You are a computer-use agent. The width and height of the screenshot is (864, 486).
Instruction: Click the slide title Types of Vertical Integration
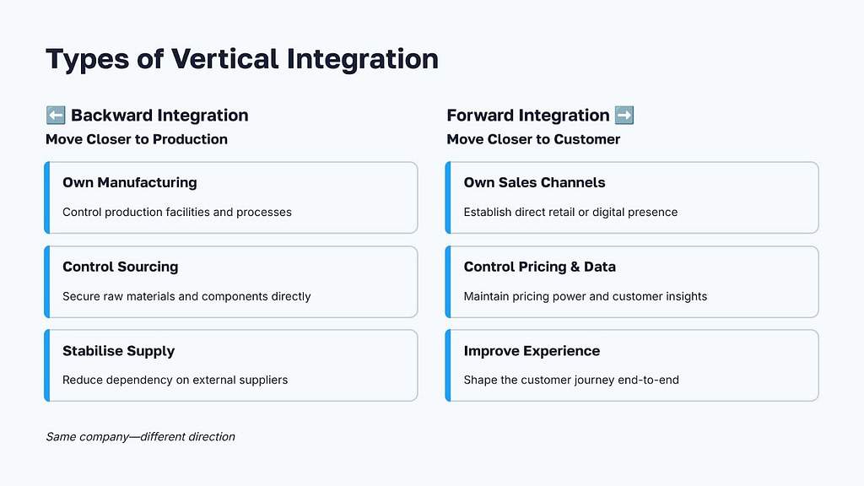pyautogui.click(x=241, y=59)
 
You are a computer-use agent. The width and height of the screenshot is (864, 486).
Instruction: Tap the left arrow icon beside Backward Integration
pyautogui.click(x=55, y=116)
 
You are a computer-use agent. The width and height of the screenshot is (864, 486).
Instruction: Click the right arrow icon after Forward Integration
pyautogui.click(x=624, y=116)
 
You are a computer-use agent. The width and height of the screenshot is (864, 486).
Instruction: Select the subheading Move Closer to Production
pyautogui.click(x=136, y=139)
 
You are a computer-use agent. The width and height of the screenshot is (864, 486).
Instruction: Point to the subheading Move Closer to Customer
pyautogui.click(x=533, y=139)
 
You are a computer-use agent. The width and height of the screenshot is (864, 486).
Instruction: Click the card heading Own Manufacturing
pyautogui.click(x=129, y=182)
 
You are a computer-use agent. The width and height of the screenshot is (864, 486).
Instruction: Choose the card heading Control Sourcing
pyautogui.click(x=120, y=267)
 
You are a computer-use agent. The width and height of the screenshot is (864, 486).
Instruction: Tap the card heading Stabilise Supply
pyautogui.click(x=118, y=351)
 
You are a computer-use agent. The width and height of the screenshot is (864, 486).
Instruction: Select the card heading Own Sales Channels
pyautogui.click(x=534, y=182)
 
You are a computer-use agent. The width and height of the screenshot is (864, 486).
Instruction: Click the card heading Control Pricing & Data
pyautogui.click(x=539, y=267)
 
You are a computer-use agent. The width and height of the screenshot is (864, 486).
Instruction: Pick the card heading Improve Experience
pyautogui.click(x=532, y=351)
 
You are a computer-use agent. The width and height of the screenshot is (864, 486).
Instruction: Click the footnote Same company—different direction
pyautogui.click(x=140, y=436)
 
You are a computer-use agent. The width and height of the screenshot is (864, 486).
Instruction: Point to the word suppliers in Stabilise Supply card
pyautogui.click(x=262, y=381)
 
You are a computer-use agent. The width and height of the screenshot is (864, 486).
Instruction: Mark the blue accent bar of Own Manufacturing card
pyautogui.click(x=47, y=197)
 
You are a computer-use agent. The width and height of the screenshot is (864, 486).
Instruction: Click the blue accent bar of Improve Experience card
pyautogui.click(x=448, y=365)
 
